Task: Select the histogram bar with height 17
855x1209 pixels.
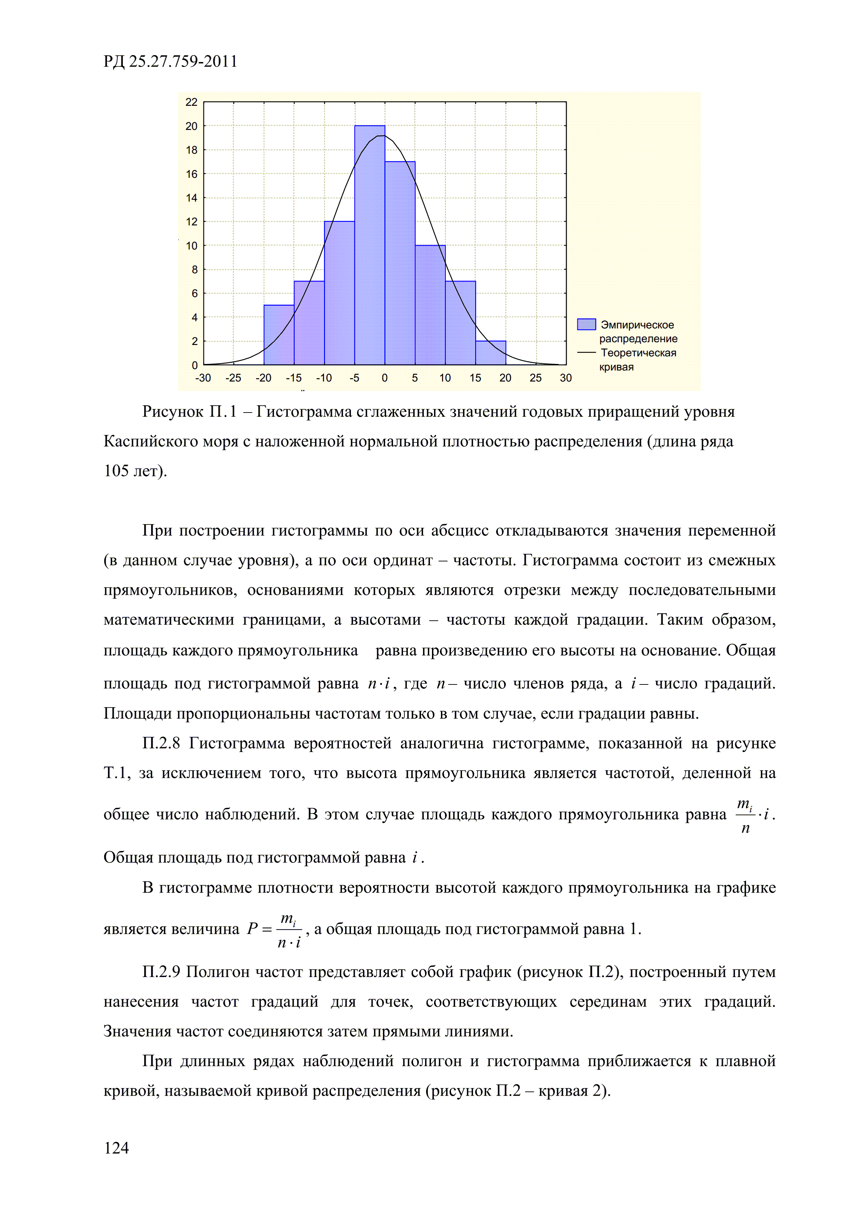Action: point(400,263)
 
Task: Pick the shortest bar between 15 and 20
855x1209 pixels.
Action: point(491,353)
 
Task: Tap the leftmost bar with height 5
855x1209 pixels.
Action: point(279,335)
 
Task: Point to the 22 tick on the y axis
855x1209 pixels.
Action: point(191,102)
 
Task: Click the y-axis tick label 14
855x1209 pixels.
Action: point(191,198)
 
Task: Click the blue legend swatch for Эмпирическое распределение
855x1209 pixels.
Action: point(586,324)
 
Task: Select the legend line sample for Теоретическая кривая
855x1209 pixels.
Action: point(586,352)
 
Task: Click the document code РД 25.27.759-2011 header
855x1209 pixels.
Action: point(170,62)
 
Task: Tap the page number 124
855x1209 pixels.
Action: point(117,1147)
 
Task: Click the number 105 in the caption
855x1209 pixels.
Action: point(117,471)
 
